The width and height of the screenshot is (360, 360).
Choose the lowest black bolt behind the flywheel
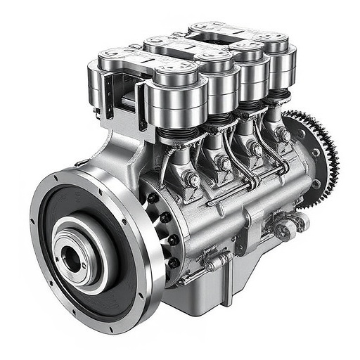point(173,264)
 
